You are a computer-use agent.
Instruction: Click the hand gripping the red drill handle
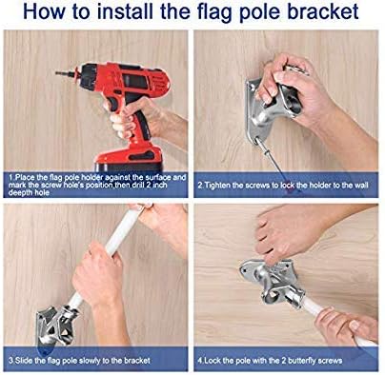143,119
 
